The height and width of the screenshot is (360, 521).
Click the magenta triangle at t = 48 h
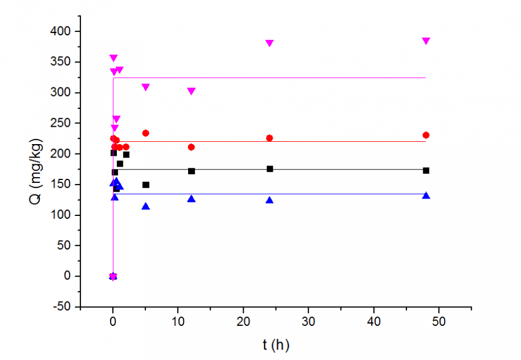point(426,41)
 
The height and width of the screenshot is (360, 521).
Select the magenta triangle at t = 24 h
point(269,43)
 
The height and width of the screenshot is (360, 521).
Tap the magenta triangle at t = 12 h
point(191,91)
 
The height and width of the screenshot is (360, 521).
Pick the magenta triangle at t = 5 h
point(145,87)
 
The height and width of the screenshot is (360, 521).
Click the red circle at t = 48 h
point(426,135)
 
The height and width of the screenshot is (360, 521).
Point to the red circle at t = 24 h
point(269,138)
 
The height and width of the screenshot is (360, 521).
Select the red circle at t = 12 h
point(191,147)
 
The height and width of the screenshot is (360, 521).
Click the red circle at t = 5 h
point(145,133)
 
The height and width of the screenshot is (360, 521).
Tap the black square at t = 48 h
point(426,170)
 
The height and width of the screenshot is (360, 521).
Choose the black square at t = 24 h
point(269,168)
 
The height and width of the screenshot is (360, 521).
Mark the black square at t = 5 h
point(145,185)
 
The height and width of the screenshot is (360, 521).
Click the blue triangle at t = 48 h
point(426,196)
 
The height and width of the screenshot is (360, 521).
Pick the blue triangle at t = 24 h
point(269,200)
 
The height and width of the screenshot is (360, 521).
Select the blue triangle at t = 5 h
point(145,207)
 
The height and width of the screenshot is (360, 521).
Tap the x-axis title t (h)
point(276,346)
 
